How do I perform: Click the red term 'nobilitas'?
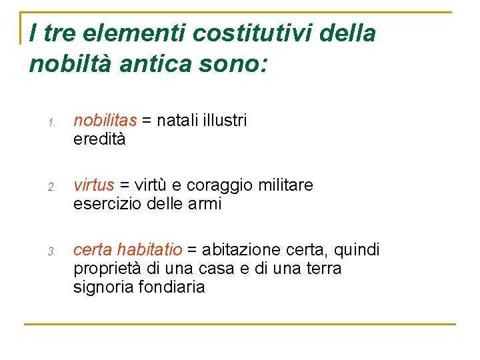[105, 120]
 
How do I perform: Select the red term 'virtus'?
[93, 185]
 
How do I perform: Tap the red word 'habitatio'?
[149, 249]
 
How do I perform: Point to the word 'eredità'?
[99, 139]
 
